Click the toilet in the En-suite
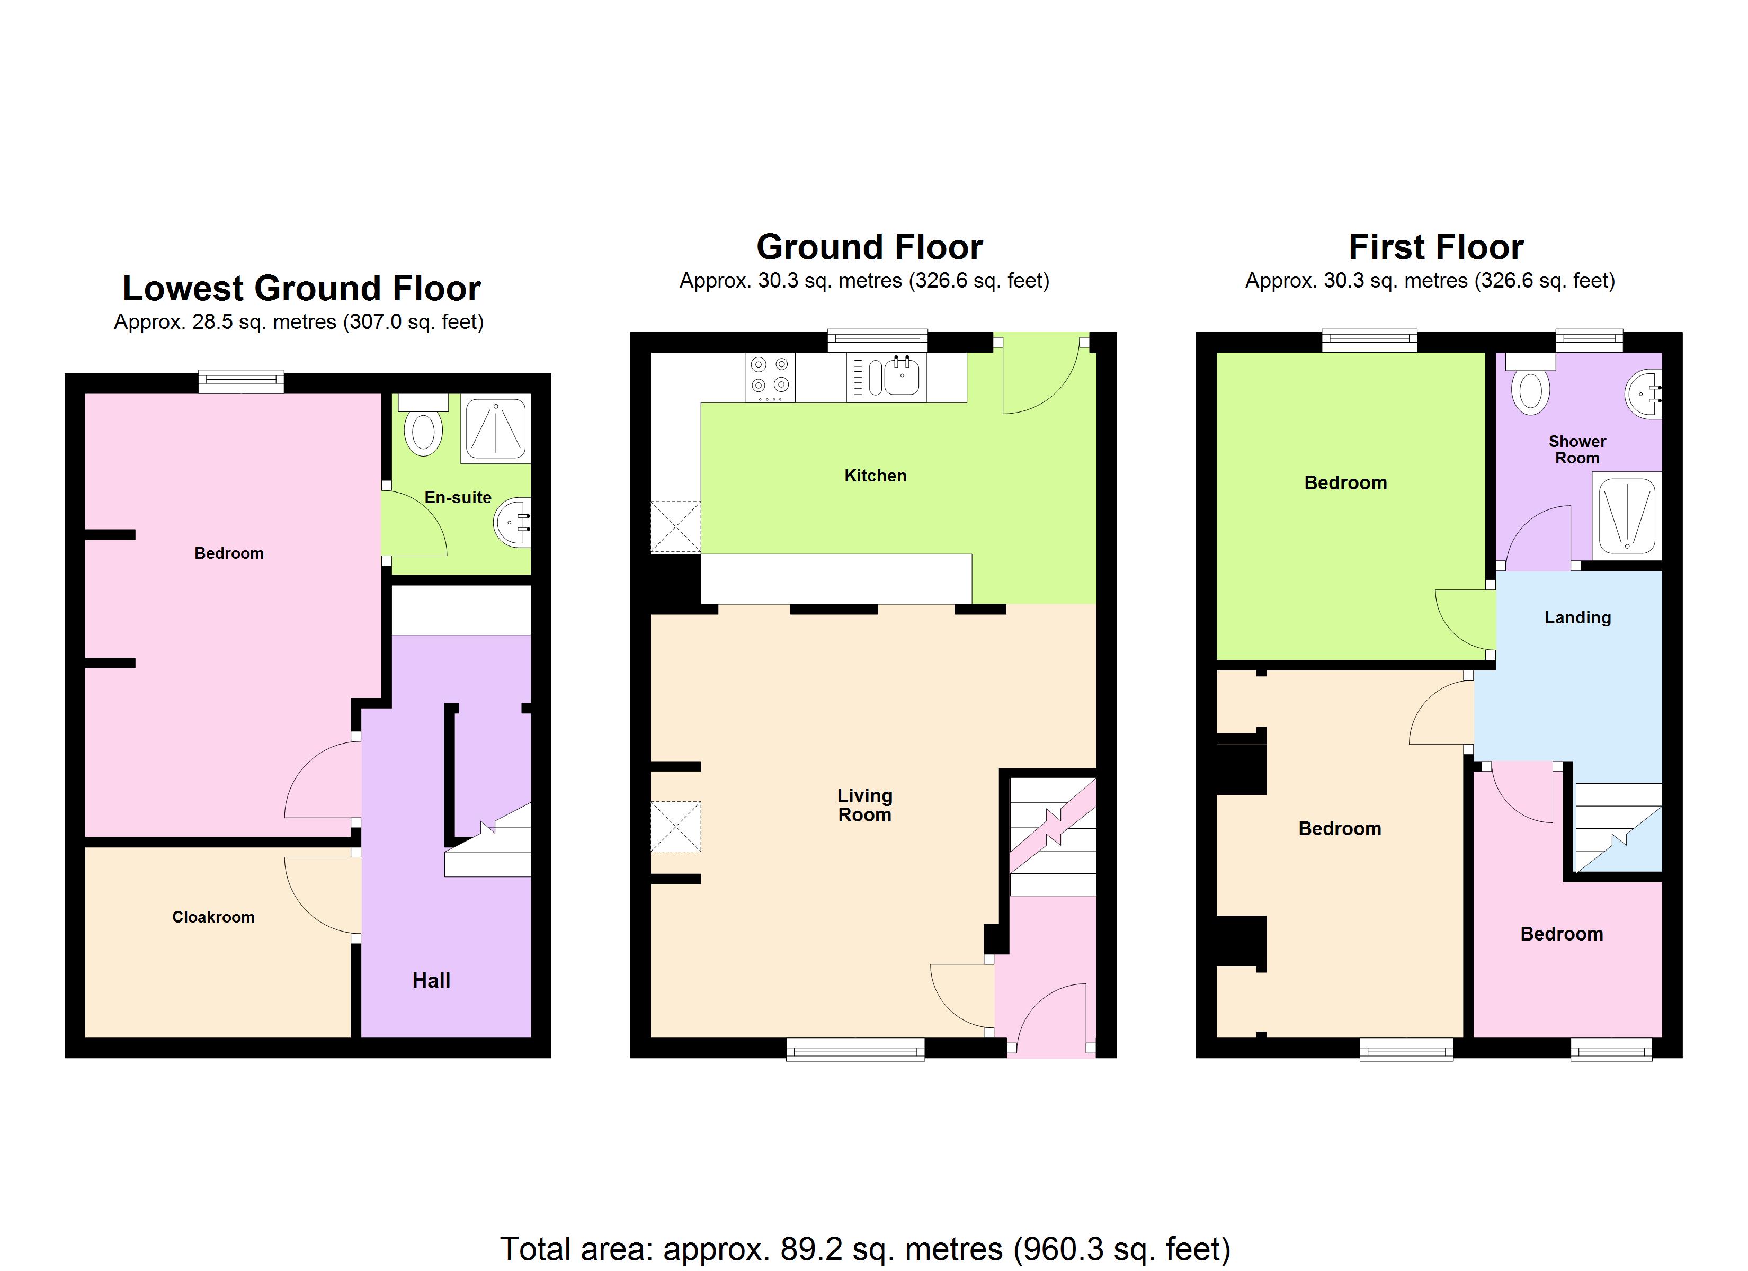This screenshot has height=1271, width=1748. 423,430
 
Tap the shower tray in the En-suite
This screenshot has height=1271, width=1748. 496,428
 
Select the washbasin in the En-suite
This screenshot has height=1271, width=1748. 513,523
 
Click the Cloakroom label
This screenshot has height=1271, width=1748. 213,917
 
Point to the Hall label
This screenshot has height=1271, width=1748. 431,980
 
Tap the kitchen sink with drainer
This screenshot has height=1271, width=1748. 886,377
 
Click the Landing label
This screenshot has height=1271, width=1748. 1577,617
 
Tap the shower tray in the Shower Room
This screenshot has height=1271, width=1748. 1626,515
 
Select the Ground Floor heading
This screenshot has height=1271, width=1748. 869,247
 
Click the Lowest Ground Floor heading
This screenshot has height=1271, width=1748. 301,288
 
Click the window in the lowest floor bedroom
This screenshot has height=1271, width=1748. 241,381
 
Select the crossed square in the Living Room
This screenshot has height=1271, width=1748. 676,826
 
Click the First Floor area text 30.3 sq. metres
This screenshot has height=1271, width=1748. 1430,281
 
